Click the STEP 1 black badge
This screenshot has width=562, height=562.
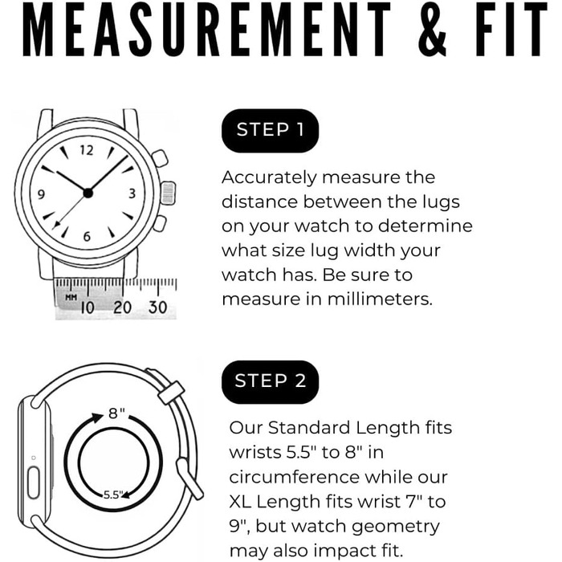270,131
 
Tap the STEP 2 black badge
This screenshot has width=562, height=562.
270,382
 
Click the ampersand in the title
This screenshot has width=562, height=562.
432,30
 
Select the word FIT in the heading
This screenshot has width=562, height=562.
511,30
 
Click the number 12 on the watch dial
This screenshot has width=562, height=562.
87,150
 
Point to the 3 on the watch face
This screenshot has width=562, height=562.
132,193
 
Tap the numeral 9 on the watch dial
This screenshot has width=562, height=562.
41,194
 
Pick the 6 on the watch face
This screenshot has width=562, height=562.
87,237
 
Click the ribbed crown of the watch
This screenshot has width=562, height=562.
168,193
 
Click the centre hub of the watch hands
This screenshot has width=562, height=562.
88,193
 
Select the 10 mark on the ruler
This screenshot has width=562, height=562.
88,307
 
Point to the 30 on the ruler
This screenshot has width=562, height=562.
157,307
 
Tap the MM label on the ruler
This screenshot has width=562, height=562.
71,297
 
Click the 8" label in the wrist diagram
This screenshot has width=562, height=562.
117,413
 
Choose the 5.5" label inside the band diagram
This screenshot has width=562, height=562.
113,495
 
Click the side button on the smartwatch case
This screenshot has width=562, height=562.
34,483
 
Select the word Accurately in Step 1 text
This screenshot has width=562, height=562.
269,178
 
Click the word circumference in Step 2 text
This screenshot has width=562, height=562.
294,477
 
